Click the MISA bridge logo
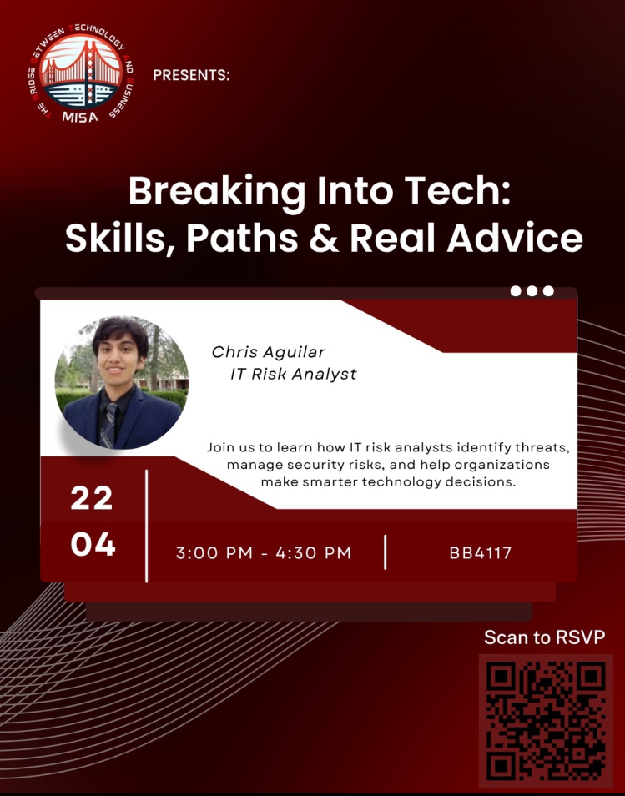tap(81, 74)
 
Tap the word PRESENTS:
tap(191, 76)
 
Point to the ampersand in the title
tap(324, 238)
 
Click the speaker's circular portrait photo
tap(122, 383)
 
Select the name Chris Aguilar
tap(268, 352)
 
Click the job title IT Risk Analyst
tap(294, 374)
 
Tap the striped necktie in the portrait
tap(109, 426)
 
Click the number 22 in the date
tap(92, 497)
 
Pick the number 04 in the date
tap(93, 544)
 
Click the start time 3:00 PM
tap(214, 553)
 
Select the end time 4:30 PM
tap(313, 553)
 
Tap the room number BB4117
tap(481, 553)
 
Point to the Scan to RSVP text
tap(544, 637)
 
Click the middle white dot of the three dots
tap(532, 291)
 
